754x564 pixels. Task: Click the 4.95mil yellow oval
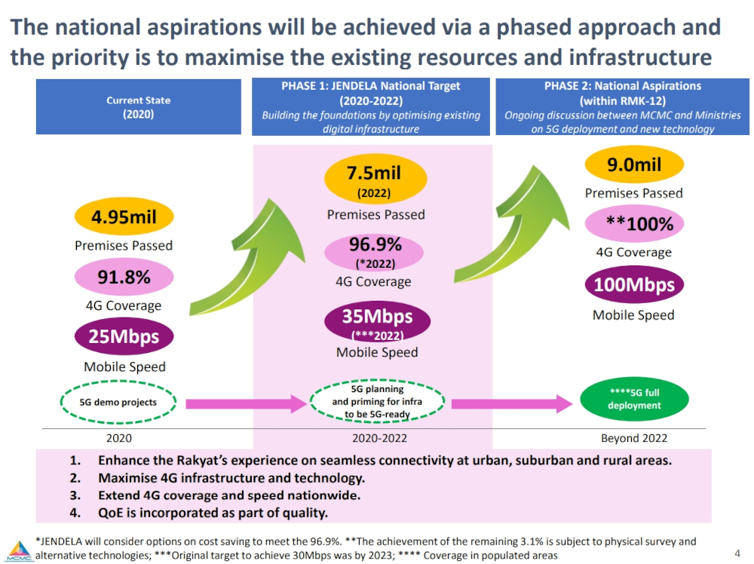coord(124,218)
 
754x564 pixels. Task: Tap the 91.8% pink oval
coord(124,277)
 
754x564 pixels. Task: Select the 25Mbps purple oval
coord(124,336)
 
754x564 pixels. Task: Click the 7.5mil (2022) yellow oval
coord(375,179)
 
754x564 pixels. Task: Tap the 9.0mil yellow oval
coord(633,164)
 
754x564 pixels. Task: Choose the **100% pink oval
coord(633,223)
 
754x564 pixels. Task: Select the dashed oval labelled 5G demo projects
coord(118,403)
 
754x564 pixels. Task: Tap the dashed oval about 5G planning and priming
coord(377,402)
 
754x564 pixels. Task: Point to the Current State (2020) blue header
coord(138,107)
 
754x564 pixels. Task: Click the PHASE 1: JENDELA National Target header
coord(371,107)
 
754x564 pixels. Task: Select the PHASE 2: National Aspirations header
coord(622,107)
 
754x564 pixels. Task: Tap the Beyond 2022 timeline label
coord(633,438)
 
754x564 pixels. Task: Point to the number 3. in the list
coord(75,496)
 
